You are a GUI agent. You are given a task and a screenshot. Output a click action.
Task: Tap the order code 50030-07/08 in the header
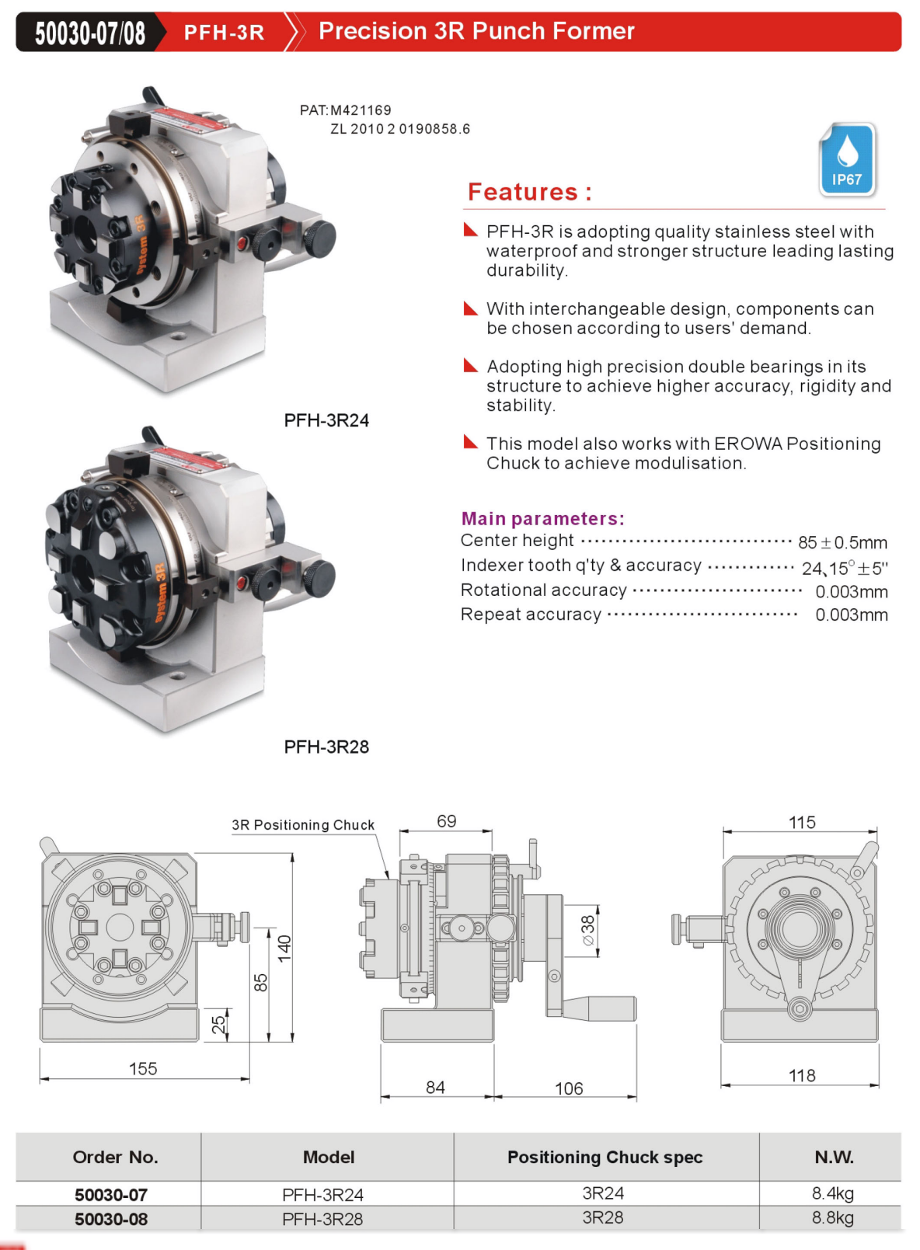(90, 33)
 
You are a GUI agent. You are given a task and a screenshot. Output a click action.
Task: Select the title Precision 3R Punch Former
(476, 31)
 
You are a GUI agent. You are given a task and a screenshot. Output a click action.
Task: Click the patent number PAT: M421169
(346, 110)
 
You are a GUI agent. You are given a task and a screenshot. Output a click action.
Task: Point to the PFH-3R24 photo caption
(326, 420)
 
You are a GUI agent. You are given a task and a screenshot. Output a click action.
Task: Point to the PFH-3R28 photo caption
(326, 747)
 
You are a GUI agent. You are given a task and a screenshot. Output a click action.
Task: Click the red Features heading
(529, 192)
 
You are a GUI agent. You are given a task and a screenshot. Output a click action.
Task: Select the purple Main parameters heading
(542, 518)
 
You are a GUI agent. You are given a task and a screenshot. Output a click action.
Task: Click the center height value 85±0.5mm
(842, 542)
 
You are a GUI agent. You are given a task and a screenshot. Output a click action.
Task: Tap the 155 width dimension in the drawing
(143, 1069)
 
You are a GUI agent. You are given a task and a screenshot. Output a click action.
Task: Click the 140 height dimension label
(284, 948)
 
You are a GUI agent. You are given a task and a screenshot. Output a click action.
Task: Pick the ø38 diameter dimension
(588, 930)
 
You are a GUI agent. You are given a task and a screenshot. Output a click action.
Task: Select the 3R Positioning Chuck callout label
(303, 825)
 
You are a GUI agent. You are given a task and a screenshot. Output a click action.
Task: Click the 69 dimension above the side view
(447, 821)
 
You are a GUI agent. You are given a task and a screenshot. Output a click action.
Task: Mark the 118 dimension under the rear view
(802, 1075)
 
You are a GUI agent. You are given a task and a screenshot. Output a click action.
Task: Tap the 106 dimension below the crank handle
(569, 1088)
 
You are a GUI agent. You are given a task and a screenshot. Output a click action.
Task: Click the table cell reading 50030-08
(111, 1219)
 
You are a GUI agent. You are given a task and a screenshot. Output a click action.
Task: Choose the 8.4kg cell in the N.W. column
(833, 1193)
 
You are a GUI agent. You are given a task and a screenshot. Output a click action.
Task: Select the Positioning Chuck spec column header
(605, 1157)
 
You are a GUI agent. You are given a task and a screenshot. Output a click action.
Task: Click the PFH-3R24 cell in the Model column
(322, 1195)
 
